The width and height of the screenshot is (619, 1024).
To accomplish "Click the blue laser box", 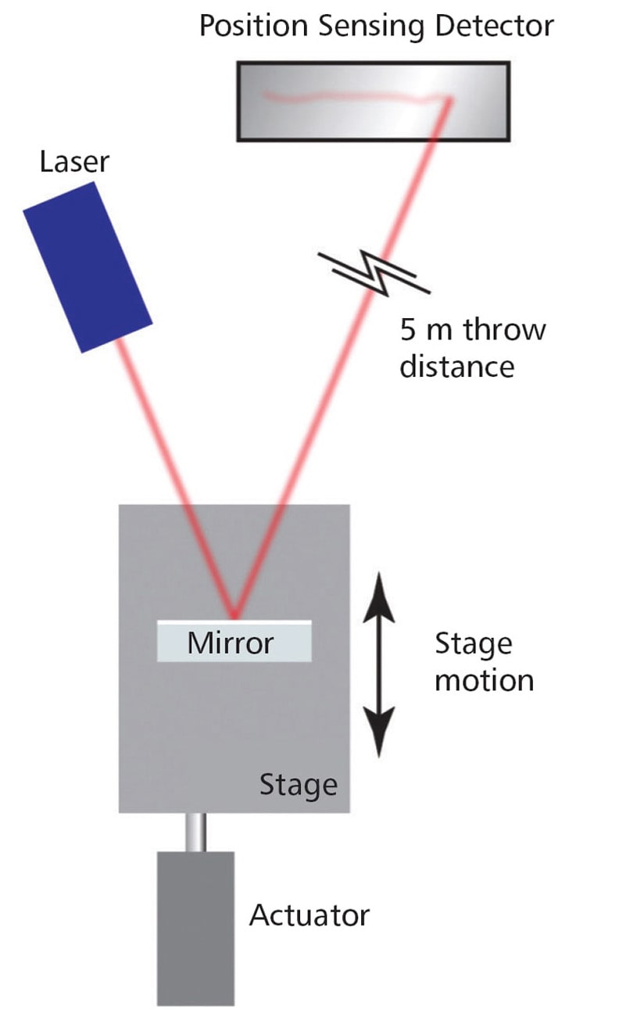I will [87, 267].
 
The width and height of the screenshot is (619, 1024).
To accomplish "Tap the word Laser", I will [75, 163].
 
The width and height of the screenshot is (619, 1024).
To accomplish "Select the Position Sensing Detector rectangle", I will [373, 102].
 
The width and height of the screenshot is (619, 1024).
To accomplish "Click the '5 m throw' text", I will [472, 330].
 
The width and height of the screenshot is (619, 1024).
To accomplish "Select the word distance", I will [457, 365].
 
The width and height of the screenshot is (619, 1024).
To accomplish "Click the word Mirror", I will [231, 643].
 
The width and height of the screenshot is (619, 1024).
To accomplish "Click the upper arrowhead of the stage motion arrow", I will [381, 585].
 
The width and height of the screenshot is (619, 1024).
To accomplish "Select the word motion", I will [484, 680].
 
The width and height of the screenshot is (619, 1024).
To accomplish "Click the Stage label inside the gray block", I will [298, 783].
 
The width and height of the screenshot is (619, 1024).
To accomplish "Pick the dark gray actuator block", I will [195, 927].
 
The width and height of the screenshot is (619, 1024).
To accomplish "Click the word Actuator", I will [309, 915].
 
